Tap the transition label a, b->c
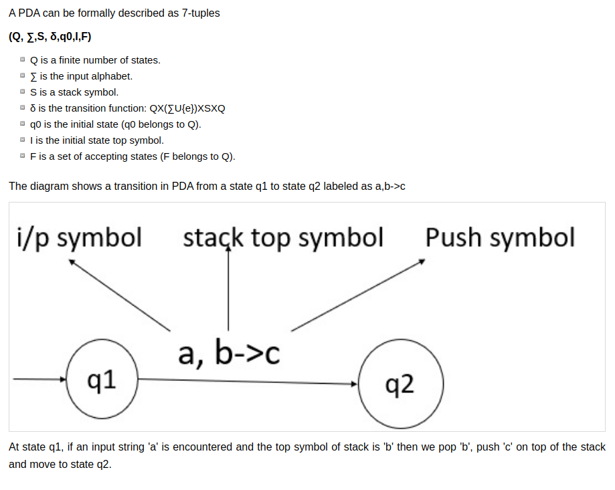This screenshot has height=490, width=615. point(228,352)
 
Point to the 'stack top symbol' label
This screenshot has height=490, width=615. point(283,237)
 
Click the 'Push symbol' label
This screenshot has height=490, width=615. point(500,237)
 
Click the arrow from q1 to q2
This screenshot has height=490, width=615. point(248,382)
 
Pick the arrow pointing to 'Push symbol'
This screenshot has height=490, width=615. point(358,295)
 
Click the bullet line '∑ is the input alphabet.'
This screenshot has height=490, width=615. point(82,76)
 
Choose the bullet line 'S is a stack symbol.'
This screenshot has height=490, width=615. point(74,92)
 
